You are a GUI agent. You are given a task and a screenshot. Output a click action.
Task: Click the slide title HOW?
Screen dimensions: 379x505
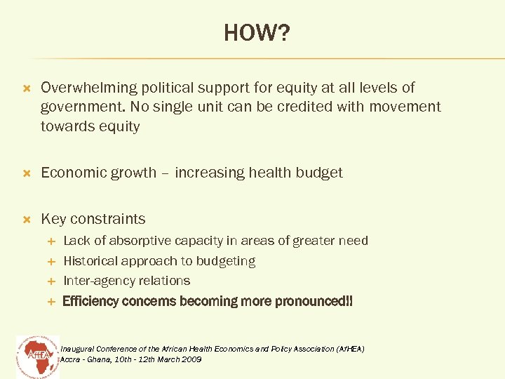pyautogui.click(x=256, y=32)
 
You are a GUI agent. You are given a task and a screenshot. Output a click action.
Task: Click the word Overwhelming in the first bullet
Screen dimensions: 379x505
pyautogui.click(x=89, y=88)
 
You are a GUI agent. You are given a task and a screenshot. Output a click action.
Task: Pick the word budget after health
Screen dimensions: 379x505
pyautogui.click(x=320, y=173)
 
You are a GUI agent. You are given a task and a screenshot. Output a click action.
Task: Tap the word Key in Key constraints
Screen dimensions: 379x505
pyautogui.click(x=54, y=219)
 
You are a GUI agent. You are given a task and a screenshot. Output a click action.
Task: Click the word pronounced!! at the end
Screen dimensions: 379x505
pyautogui.click(x=317, y=302)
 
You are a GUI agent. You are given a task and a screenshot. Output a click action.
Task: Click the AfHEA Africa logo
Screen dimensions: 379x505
pyautogui.click(x=37, y=354)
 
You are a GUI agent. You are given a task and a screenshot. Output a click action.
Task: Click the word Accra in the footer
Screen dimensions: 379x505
pyautogui.click(x=72, y=359)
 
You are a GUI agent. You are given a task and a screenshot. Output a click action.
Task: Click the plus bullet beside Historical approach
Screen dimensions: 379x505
pyautogui.click(x=50, y=261)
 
